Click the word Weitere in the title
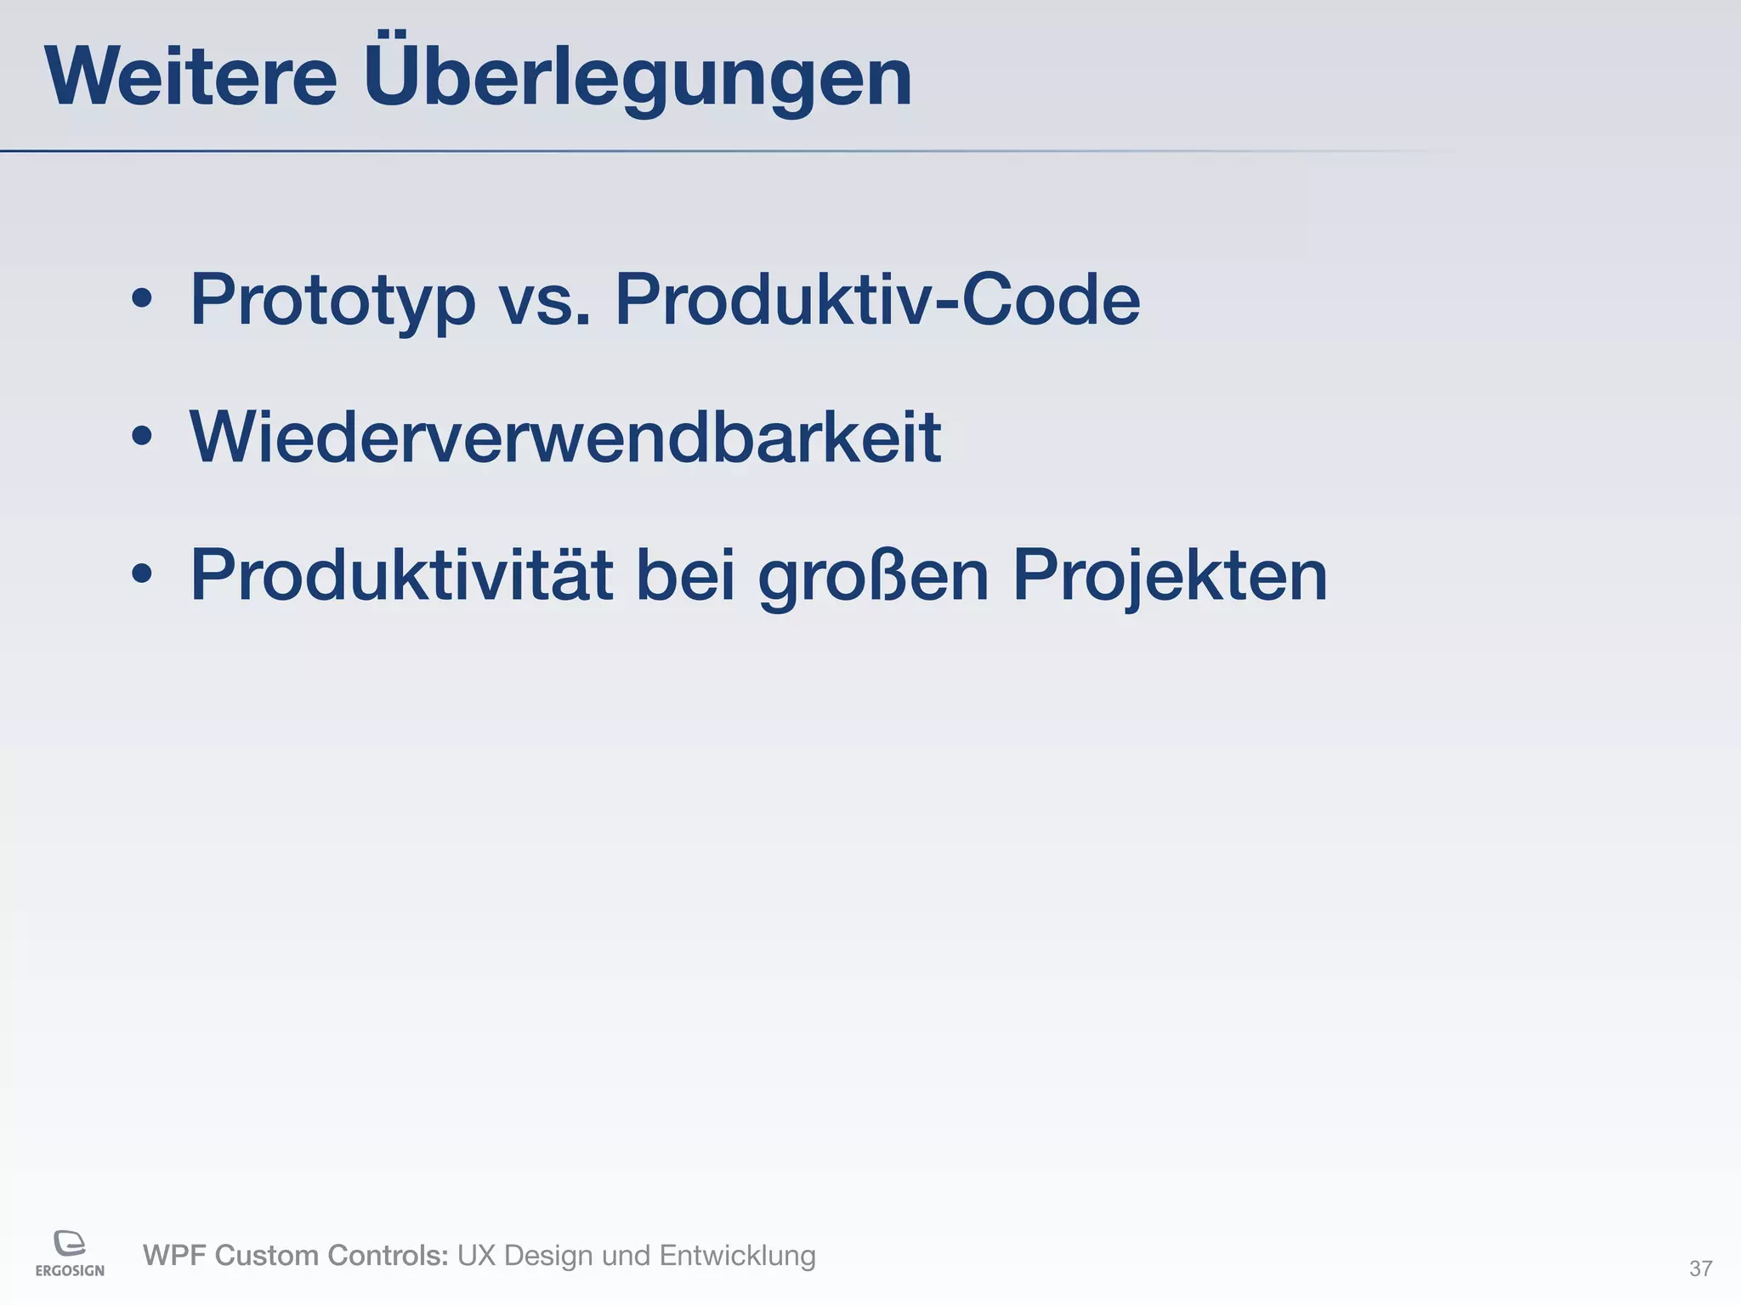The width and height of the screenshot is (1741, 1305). click(191, 78)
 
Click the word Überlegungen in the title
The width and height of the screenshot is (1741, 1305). click(638, 78)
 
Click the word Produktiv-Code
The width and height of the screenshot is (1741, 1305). click(876, 300)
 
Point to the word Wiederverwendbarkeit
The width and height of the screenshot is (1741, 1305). click(565, 438)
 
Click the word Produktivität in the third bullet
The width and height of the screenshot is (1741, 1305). click(401, 575)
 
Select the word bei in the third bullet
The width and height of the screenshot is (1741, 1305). click(685, 575)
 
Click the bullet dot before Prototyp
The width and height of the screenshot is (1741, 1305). click(142, 299)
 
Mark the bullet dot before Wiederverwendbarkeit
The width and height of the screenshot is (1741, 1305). click(142, 437)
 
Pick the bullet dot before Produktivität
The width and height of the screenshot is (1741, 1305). click(142, 574)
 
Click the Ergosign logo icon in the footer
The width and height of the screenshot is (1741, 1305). click(70, 1242)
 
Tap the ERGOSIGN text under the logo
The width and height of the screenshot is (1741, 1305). click(70, 1271)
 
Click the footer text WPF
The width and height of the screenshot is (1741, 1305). click(174, 1256)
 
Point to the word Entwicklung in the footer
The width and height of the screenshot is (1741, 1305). click(737, 1256)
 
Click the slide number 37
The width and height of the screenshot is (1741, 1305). click(1700, 1268)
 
